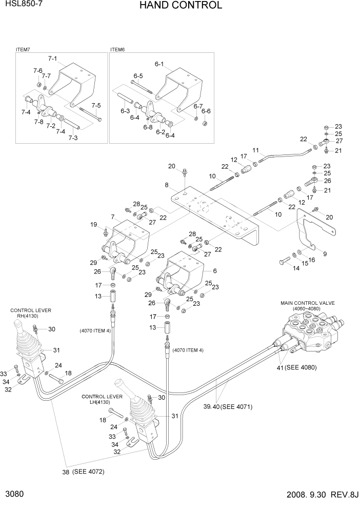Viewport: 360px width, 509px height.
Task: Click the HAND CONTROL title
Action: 180,6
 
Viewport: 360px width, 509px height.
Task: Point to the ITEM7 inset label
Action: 23,50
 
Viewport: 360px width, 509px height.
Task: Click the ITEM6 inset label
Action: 117,50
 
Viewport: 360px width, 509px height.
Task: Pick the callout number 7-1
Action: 53,58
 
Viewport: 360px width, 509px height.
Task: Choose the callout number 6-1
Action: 158,64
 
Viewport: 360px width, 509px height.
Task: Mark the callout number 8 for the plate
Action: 167,185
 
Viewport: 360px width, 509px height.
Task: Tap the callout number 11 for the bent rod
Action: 255,150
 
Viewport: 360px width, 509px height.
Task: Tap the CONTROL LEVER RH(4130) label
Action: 31,313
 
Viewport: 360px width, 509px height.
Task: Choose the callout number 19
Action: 94,224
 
